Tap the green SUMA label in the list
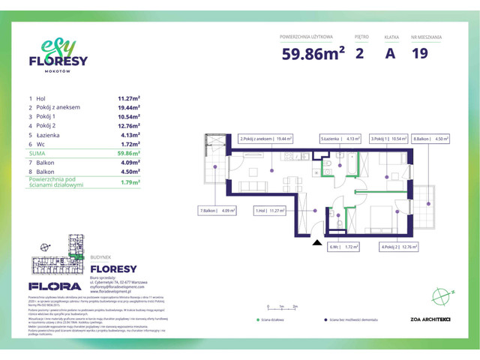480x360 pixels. tap(37, 152)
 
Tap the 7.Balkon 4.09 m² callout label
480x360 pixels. tap(217, 211)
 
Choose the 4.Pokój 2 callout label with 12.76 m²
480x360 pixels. tap(398, 246)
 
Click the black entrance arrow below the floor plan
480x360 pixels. tap(316, 243)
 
